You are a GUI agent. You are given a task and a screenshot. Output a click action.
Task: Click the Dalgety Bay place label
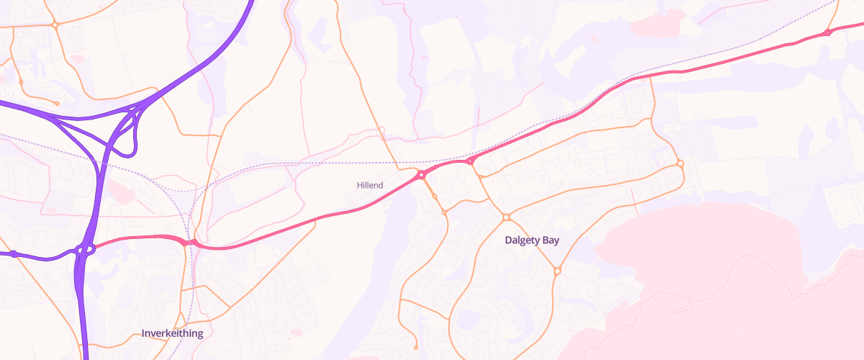[x=532, y=240]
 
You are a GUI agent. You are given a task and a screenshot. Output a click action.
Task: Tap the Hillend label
[x=370, y=185]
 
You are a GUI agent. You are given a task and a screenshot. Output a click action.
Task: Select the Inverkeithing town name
[x=172, y=333]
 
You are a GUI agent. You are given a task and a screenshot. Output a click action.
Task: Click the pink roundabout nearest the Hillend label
[x=421, y=175]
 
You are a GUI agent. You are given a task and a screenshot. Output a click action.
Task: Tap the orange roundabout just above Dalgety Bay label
[x=506, y=217]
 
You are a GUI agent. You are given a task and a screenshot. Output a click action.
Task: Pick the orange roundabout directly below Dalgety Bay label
[x=557, y=271]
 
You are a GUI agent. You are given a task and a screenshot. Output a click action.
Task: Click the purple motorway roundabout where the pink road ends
[x=86, y=250]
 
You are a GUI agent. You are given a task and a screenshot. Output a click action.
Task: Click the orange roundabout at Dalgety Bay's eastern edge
[x=680, y=163]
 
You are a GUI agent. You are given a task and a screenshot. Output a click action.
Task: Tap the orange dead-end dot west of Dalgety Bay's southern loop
[x=416, y=348]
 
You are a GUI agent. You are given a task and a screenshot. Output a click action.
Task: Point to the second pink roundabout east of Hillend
[x=469, y=161]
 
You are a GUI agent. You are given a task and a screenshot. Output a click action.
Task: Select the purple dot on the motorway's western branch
[x=13, y=253]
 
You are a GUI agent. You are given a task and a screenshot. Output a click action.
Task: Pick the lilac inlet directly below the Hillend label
[x=382, y=238]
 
